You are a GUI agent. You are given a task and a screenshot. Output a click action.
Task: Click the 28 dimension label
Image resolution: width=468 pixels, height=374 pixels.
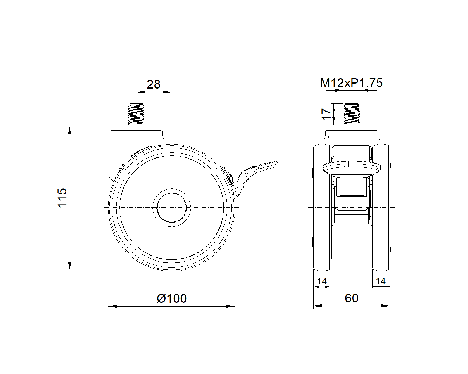(154, 84)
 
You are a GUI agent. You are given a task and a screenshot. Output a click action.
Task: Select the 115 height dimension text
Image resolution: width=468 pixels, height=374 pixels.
(62, 198)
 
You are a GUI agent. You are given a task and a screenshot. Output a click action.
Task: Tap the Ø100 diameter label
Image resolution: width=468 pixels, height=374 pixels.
(172, 298)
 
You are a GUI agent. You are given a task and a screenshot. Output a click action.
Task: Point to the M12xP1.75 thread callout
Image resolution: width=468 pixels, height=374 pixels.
(351, 83)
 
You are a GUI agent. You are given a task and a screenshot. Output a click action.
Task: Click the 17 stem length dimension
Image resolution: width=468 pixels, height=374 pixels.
(326, 114)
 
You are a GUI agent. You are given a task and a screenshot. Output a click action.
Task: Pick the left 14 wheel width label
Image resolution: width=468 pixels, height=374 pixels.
(322, 281)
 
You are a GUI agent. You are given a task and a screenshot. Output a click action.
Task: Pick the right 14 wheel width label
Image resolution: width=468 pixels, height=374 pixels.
(381, 281)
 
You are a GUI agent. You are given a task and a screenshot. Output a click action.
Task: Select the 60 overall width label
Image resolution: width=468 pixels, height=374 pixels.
(351, 298)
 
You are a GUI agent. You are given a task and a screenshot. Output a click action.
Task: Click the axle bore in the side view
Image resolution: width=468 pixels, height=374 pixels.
(172, 208)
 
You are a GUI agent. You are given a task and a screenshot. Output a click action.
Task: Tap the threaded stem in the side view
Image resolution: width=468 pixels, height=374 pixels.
(136, 114)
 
